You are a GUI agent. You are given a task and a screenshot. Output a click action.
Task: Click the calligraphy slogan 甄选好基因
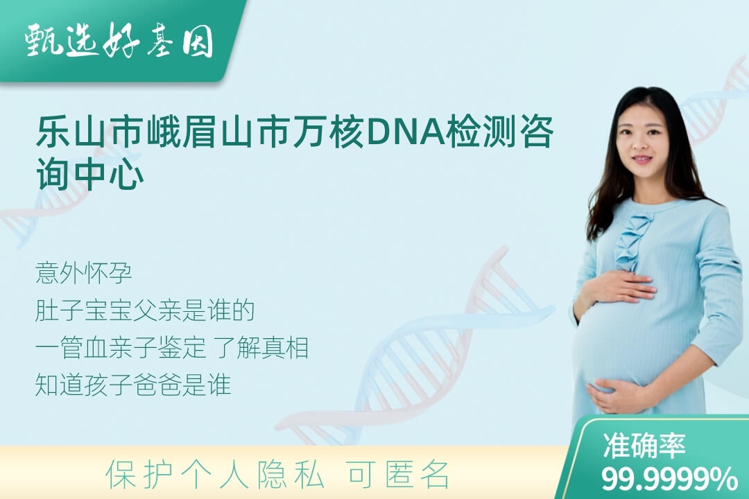[119, 40]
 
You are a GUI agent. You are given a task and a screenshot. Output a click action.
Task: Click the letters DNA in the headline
[404, 131]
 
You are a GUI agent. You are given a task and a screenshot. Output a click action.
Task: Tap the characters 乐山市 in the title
[89, 131]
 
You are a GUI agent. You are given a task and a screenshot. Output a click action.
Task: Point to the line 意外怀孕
[84, 273]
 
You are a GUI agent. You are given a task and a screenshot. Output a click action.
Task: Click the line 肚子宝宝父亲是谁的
[145, 310]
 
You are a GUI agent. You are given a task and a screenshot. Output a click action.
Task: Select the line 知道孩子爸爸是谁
[133, 385]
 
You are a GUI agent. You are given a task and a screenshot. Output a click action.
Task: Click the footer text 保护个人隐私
[215, 475]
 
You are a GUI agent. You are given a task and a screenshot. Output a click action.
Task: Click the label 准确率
[644, 445]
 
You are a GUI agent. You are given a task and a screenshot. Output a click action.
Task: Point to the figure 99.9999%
[669, 478]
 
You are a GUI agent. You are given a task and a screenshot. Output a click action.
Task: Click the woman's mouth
[641, 159]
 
